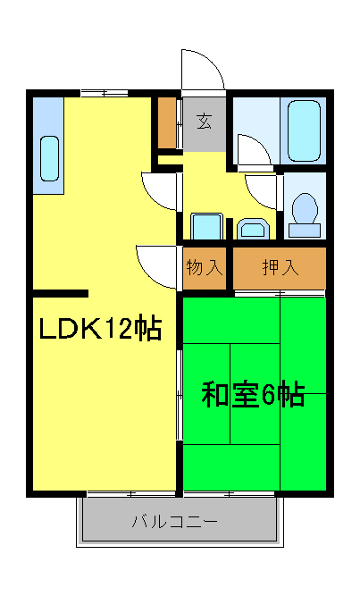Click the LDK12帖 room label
[x=98, y=330]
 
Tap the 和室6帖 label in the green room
[x=253, y=393]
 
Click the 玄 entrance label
[x=205, y=120]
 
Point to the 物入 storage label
[x=204, y=267]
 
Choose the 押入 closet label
[x=280, y=267]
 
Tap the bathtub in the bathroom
[x=304, y=130]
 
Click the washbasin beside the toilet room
[x=254, y=230]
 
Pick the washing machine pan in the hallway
[x=206, y=227]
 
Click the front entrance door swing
[x=202, y=71]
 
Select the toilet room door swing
[x=264, y=190]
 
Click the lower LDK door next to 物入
[x=157, y=264]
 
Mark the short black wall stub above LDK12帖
[x=61, y=293]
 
